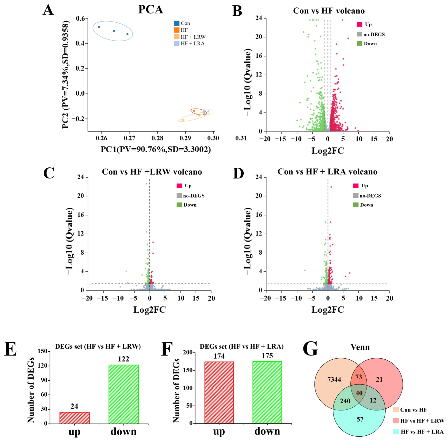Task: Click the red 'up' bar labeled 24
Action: tap(74, 418)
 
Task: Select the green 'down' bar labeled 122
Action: tap(123, 394)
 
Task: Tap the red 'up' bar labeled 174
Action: tap(219, 393)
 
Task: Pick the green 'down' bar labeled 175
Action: tap(267, 392)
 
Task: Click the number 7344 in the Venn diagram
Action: tap(334, 379)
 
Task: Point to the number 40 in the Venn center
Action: tap(359, 393)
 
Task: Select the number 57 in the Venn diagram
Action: tap(360, 419)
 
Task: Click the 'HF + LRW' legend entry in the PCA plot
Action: tap(190, 37)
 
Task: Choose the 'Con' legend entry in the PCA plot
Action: tap(182, 23)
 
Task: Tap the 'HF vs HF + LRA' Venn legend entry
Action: tap(418, 432)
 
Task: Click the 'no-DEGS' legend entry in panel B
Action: tap(371, 34)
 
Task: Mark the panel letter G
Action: tap(310, 349)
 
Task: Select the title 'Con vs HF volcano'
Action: tap(329, 11)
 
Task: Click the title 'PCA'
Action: tap(150, 9)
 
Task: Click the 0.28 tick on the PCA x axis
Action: tap(157, 138)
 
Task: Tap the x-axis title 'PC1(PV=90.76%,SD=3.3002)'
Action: tap(156, 149)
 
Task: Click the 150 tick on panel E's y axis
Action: tap(42, 351)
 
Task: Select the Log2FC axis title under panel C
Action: tap(149, 310)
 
